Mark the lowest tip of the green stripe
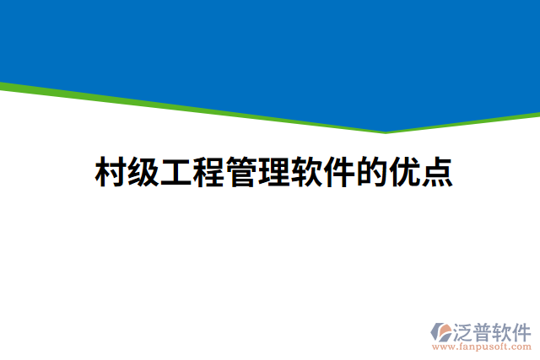386,132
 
